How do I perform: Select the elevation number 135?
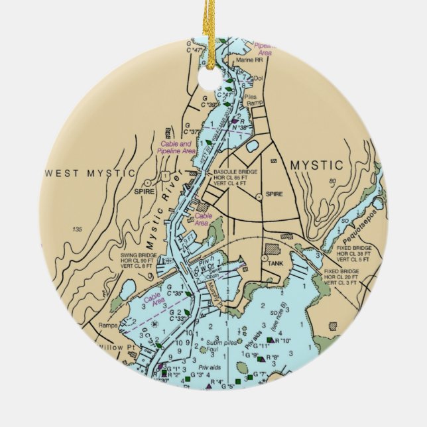tap(78, 229)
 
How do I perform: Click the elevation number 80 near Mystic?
tap(333, 180)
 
